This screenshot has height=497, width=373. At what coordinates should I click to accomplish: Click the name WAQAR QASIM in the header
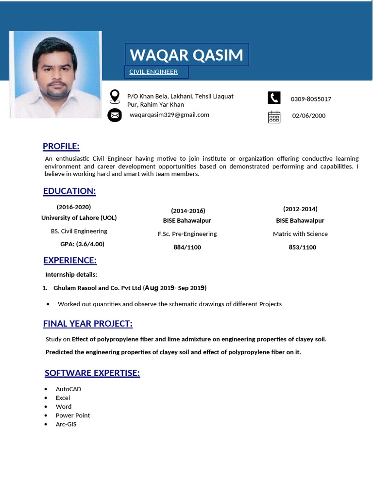[186, 55]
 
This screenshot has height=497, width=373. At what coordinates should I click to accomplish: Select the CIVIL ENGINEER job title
[153, 72]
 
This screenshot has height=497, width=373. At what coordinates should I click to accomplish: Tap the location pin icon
[115, 96]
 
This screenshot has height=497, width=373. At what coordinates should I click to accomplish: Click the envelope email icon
[115, 115]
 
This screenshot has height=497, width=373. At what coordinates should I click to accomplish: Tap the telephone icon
[274, 98]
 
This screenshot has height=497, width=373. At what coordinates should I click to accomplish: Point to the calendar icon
[274, 116]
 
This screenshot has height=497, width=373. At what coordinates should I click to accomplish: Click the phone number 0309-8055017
[311, 99]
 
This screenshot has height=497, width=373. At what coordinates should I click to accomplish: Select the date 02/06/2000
[309, 116]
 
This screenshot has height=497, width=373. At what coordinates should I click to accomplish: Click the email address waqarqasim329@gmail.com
[170, 115]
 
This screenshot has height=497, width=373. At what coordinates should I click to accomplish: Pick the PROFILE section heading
[61, 147]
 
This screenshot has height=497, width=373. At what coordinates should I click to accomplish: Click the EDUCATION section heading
[69, 191]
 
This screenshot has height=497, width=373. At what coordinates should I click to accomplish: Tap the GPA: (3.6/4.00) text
[82, 244]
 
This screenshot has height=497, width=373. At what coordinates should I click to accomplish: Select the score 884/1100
[187, 248]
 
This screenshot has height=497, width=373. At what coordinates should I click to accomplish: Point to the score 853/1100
[302, 248]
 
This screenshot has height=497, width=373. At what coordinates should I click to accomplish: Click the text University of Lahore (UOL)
[79, 218]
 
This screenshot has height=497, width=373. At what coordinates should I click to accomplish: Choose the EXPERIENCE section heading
[70, 261]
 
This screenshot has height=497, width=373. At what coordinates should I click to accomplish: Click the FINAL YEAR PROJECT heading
[88, 324]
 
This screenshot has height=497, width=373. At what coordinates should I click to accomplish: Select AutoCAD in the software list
[68, 389]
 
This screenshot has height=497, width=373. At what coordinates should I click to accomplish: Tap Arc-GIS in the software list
[66, 424]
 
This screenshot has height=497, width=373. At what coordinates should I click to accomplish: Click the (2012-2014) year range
[300, 209]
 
